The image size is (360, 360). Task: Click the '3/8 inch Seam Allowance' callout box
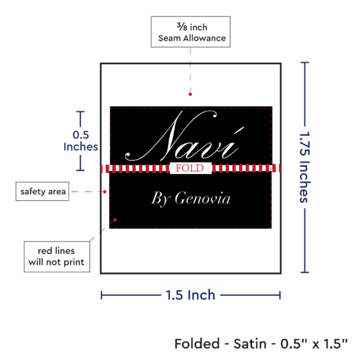tap(190, 32)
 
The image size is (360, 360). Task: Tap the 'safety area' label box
tap(43, 191)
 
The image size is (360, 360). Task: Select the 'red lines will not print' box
tap(57, 257)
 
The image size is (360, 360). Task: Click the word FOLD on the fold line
tap(190, 168)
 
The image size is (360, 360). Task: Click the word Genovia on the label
tap(202, 198)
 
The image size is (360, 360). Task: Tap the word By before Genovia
tap(160, 199)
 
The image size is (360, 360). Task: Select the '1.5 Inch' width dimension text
tap(190, 295)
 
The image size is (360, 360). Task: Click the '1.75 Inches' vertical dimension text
tap(305, 167)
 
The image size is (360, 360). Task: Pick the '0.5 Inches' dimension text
tap(81, 141)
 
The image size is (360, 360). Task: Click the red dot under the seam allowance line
tap(190, 94)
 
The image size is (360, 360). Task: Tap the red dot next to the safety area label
tap(105, 192)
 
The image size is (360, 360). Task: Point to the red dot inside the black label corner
tap(115, 220)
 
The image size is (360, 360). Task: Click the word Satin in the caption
tap(250, 344)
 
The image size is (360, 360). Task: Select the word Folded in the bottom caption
tap(197, 344)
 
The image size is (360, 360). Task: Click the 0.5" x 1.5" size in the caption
tap(314, 344)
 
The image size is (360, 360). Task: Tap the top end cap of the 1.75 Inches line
tap(304, 62)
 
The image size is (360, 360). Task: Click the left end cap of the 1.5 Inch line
tap(101, 295)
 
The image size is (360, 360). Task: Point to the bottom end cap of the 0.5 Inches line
tap(81, 170)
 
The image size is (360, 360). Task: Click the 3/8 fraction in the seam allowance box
tap(182, 27)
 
